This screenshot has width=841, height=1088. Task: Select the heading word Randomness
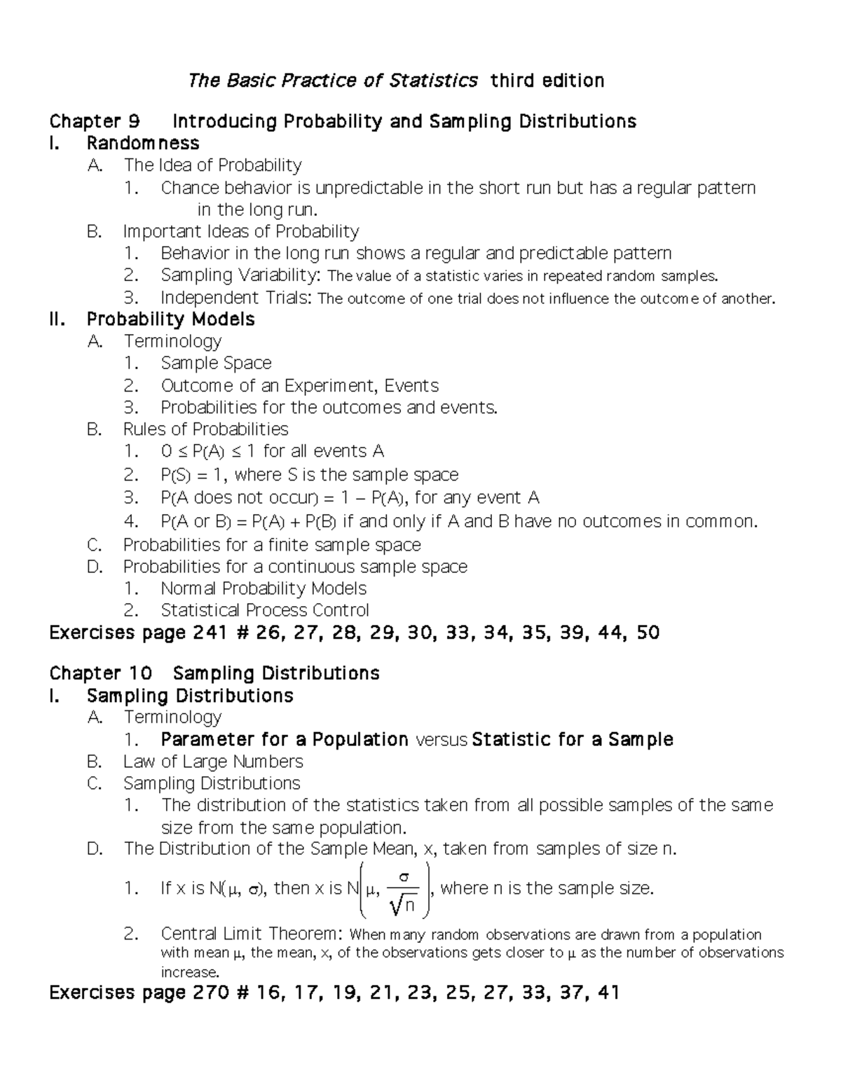(143, 144)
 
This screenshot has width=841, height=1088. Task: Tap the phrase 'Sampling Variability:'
(241, 275)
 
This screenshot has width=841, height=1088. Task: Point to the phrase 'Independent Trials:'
(237, 298)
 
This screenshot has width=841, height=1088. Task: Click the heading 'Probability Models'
(170, 319)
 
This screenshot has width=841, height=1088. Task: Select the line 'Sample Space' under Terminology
(216, 363)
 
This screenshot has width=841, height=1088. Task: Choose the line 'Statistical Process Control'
(265, 610)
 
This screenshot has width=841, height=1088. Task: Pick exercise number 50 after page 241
(648, 633)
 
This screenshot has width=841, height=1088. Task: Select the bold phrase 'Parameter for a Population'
(285, 740)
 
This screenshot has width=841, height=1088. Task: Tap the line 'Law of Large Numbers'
(213, 762)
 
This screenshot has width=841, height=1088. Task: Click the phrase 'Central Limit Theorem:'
(252, 934)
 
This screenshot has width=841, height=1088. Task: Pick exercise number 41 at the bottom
(606, 993)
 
